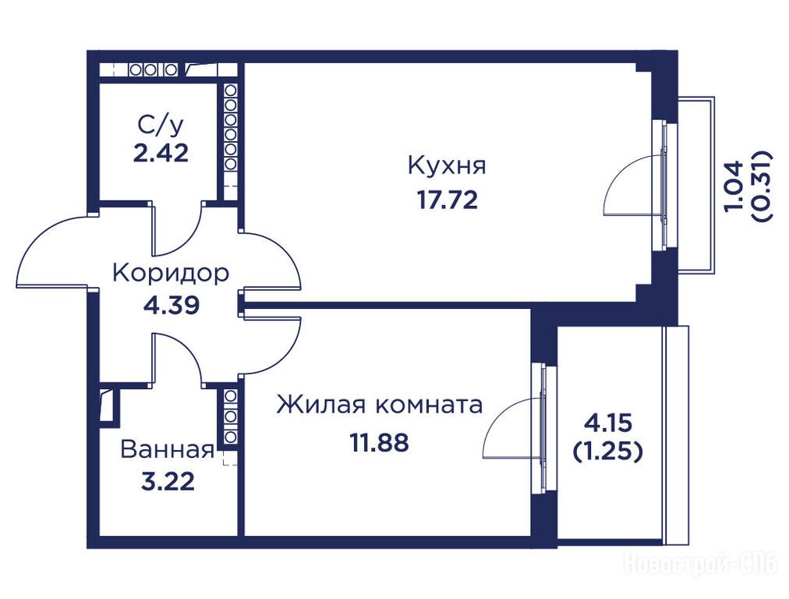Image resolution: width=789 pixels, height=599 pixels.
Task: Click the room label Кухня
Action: pos(447,165)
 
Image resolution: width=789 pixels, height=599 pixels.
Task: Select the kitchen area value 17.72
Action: pos(448,200)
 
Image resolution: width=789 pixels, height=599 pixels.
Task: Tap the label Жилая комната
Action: pos(380,404)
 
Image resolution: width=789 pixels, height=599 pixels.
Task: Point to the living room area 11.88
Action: pos(380,443)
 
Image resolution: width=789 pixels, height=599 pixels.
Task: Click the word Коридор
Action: pos(171,273)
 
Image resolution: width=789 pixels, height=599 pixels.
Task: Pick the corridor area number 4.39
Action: pos(171,304)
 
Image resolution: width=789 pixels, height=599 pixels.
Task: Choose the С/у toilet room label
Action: pos(160,126)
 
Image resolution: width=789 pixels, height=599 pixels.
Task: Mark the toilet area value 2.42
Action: pos(161,153)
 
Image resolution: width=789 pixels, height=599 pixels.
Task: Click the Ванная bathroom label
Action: pos(168,449)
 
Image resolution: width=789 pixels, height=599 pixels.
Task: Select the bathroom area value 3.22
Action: pos(168,482)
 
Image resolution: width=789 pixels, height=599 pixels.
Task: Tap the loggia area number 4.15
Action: pos(607,423)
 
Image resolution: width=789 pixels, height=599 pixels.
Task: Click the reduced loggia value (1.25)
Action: pos(607,452)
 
